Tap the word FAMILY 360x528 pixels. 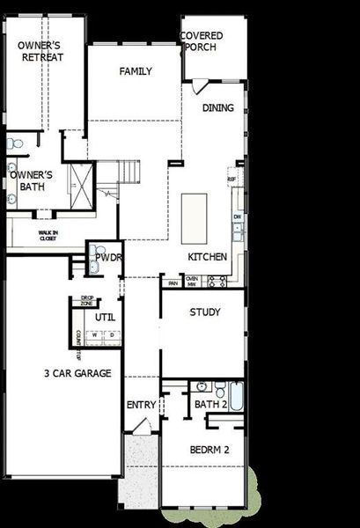136,71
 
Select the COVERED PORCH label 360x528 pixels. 202,41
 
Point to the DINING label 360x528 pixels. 218,108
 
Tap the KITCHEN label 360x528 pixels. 208,257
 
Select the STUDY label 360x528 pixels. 205,312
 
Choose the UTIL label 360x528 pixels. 105,317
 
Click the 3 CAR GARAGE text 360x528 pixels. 77,373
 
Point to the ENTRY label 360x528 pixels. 141,405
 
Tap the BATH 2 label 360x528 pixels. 211,405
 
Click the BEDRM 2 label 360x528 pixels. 209,450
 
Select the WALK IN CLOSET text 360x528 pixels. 48,236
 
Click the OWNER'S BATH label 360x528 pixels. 32,180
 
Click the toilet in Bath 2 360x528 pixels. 202,386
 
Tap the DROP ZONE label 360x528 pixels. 87,301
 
